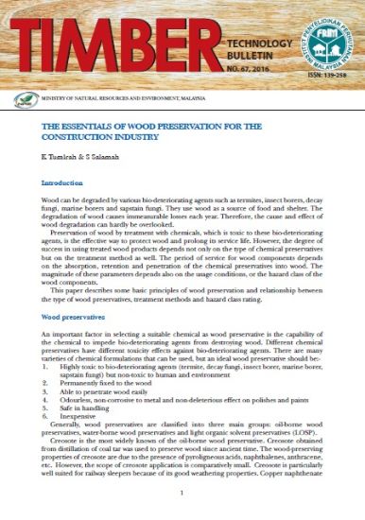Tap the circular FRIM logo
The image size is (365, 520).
pyautogui.click(x=326, y=40)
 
